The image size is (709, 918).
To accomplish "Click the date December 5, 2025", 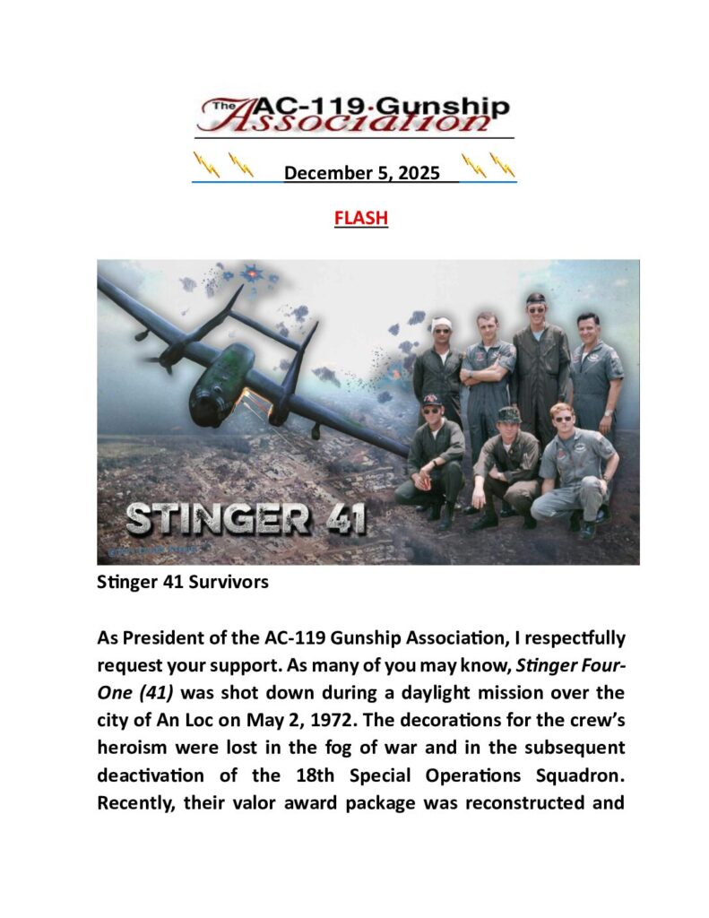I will (x=361, y=173).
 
